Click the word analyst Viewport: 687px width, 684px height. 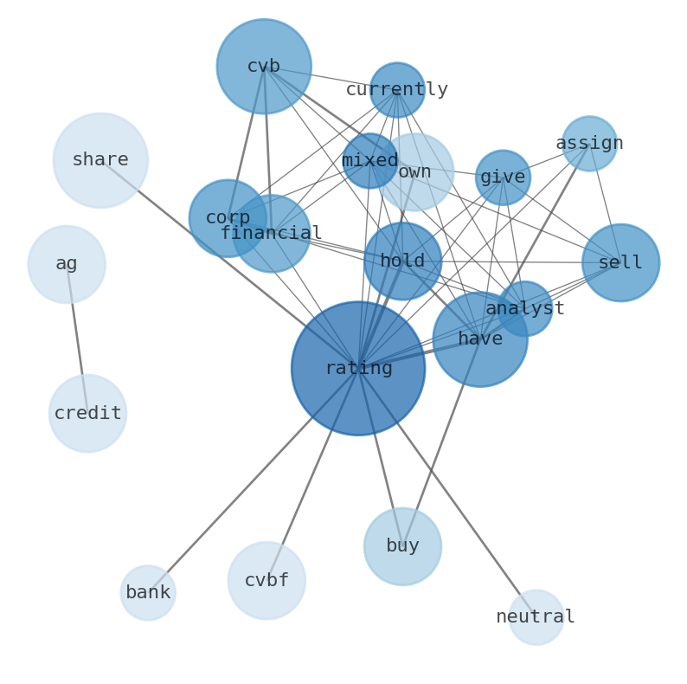(x=525, y=309)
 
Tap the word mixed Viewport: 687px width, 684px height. (x=370, y=161)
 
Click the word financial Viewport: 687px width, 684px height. (x=271, y=234)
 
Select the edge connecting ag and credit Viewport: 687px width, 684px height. (x=77, y=339)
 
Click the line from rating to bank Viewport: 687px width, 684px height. (x=253, y=481)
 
